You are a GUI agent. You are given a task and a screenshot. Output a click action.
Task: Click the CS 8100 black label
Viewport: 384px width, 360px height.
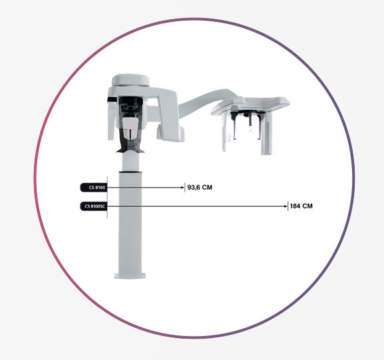coord(94,188)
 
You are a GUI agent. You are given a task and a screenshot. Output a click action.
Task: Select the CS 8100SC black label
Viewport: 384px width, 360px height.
coord(94,206)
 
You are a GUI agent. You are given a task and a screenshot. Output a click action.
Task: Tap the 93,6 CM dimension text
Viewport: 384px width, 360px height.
coord(200,188)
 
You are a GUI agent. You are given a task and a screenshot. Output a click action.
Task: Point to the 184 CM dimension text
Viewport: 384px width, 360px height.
coord(301,206)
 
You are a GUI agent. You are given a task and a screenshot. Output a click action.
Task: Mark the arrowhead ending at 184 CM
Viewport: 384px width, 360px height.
coord(286,206)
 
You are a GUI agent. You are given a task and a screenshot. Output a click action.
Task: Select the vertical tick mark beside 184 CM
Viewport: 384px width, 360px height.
coord(288,206)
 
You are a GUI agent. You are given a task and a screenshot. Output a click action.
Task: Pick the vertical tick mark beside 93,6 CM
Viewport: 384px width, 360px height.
coord(184,188)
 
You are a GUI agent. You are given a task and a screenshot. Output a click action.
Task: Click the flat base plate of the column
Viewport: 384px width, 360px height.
coord(130,275)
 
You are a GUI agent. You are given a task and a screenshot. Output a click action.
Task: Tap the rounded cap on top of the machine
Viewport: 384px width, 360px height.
coord(130,81)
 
